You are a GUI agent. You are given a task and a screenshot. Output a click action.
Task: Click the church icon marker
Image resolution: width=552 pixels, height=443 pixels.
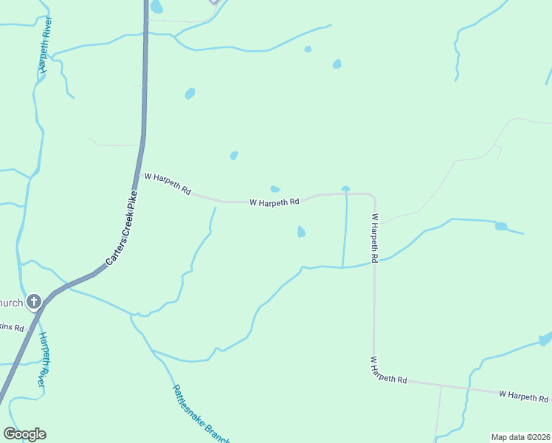point(34,301)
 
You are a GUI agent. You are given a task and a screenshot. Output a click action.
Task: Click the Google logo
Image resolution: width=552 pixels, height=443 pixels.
point(24,434)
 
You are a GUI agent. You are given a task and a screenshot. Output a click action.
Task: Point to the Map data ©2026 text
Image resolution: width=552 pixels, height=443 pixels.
point(520,437)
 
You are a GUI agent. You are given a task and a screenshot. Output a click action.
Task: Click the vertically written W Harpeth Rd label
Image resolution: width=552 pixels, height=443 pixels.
point(375,238)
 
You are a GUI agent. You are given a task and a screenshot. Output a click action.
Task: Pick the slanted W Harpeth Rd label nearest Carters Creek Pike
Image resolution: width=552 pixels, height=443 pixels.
point(168,182)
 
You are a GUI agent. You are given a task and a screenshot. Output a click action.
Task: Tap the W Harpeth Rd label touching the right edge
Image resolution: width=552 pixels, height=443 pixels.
point(523,396)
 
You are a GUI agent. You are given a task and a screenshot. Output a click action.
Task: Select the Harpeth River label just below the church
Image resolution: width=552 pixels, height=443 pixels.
point(44,359)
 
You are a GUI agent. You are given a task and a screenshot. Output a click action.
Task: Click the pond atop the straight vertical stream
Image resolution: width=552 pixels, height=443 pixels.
point(345,189)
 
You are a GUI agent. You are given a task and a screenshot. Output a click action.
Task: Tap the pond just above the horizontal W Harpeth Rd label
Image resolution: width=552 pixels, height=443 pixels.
point(275,189)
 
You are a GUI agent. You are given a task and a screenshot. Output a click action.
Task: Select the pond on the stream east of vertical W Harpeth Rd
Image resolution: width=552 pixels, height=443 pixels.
point(501,226)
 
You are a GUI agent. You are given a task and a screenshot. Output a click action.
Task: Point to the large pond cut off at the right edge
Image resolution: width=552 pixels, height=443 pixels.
point(545,339)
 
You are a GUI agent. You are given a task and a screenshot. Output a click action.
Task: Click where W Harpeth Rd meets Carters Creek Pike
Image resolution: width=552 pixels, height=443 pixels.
point(139,174)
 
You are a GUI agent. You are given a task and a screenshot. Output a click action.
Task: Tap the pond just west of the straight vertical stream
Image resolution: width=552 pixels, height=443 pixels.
point(301,232)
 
